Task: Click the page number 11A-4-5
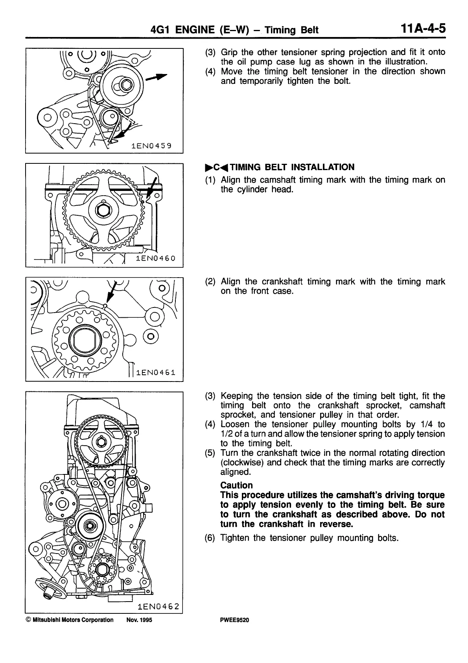tap(423, 29)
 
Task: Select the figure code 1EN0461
tap(155, 372)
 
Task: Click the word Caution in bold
tap(236, 485)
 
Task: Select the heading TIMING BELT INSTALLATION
tap(292, 167)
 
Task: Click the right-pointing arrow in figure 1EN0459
tap(157, 77)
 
